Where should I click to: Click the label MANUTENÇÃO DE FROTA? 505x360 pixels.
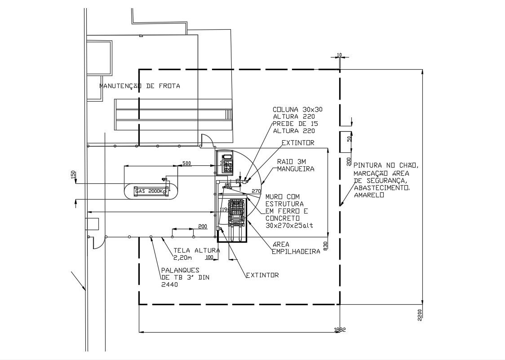(x=139, y=86)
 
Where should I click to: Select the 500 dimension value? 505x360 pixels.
(x=186, y=163)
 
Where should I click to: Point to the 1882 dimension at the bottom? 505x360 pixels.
(x=340, y=329)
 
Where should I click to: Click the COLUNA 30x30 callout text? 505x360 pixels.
(x=297, y=109)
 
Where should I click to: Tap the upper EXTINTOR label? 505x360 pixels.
(x=298, y=143)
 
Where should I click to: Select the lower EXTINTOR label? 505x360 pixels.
(x=262, y=275)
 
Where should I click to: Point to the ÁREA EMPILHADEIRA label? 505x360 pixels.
(x=296, y=248)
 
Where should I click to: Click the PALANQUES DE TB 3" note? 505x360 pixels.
(x=185, y=277)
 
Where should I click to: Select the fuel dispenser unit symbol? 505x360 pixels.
(x=226, y=162)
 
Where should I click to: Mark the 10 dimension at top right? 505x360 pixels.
(x=339, y=55)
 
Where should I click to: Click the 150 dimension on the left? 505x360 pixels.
(x=73, y=174)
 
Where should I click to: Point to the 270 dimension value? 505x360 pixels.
(x=256, y=191)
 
